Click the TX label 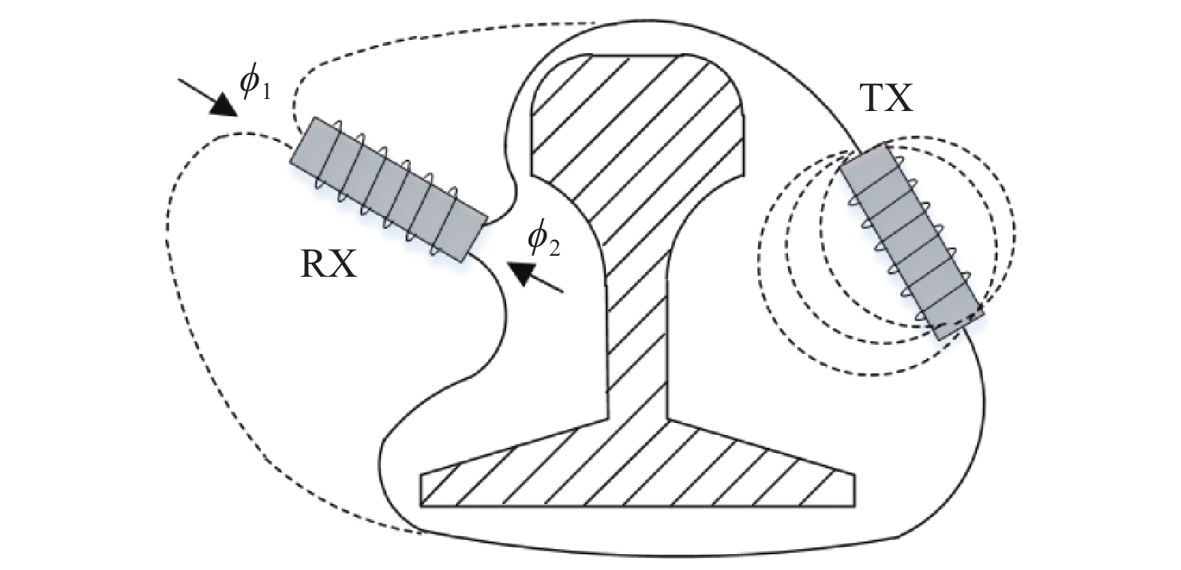pos(886,97)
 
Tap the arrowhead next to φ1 pos(223,106)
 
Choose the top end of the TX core pos(865,157)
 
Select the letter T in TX pos(873,97)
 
